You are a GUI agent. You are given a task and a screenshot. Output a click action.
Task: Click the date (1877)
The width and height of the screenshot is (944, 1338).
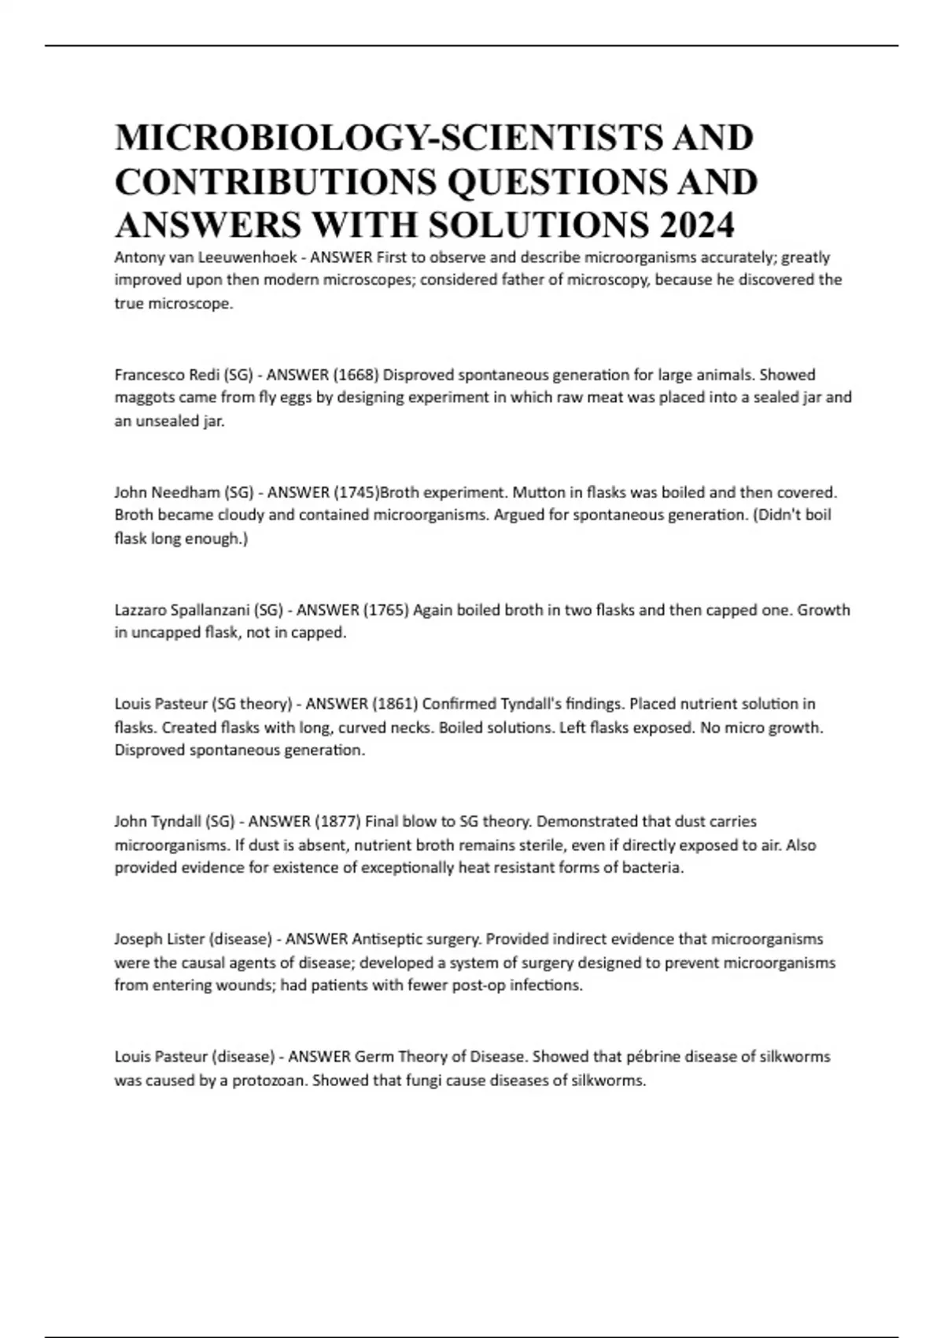338,822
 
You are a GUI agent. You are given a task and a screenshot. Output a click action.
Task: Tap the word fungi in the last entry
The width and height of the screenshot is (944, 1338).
424,1080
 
